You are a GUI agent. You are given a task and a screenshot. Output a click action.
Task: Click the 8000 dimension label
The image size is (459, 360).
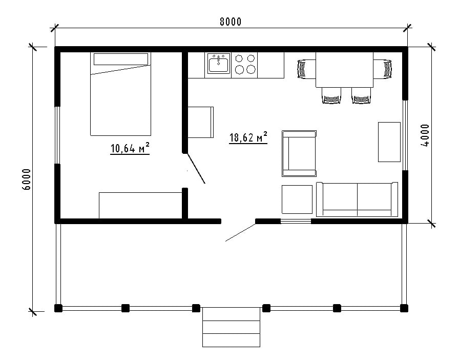pos(231,22)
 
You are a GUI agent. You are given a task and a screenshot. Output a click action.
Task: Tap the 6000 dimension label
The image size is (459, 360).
pos(26,179)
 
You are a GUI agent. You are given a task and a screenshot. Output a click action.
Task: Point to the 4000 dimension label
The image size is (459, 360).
pos(425,135)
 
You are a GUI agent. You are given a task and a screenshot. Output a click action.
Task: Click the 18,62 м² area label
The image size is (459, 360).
pos(248,137)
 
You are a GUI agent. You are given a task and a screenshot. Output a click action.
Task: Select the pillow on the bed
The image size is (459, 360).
pos(120,59)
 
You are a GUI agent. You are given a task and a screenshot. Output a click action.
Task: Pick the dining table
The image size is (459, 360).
pos(344,70)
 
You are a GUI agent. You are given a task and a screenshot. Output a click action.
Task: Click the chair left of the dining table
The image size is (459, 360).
pos(306,69)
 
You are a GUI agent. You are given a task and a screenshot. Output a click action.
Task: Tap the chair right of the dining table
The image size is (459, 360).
pos(383,69)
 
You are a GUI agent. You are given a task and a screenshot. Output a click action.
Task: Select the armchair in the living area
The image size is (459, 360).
pos(299,154)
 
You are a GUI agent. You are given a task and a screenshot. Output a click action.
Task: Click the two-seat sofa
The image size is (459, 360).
pos(357,199)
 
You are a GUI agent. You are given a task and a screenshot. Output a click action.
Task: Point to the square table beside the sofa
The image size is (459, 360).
pos(297,199)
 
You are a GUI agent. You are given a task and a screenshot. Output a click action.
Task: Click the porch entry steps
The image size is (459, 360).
pos(231,327)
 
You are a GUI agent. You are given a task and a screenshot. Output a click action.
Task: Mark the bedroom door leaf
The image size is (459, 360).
pos(196,168)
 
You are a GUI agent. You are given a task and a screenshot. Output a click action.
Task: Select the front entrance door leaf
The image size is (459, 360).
pos(241,232)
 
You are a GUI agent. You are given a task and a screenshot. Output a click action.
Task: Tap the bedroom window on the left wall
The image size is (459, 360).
pos(57,135)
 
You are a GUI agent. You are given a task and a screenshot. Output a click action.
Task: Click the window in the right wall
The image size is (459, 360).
pos(405,135)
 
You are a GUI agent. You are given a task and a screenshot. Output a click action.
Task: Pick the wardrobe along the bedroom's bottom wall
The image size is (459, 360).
pos(140,206)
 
